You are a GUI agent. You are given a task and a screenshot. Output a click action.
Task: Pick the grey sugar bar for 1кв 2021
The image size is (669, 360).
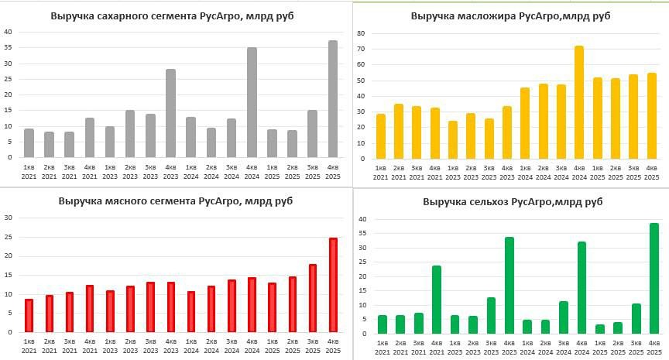29,143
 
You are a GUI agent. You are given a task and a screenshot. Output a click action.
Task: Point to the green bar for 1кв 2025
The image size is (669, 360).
599,329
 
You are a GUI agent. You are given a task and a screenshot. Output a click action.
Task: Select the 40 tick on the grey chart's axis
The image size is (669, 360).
8,32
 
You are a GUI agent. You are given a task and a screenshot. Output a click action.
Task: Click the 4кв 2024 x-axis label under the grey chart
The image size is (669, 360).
251,172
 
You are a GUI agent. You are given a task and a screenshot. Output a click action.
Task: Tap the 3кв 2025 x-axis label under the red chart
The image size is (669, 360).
312,345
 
